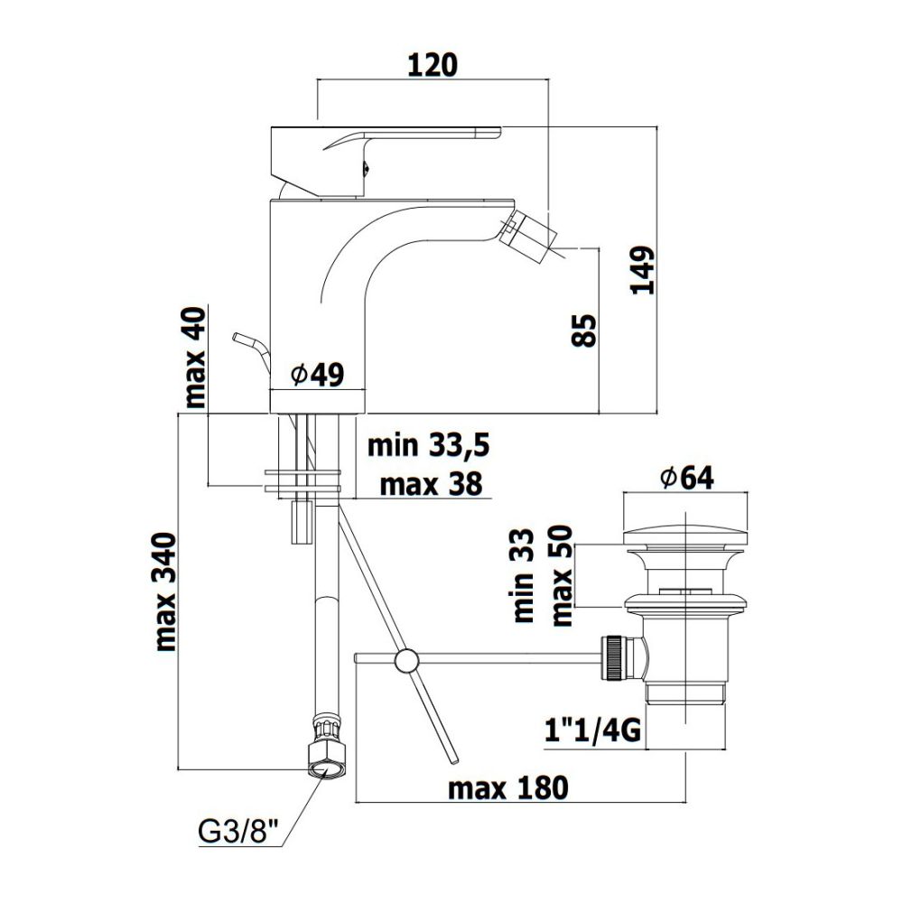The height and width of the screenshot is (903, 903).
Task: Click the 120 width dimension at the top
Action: [433, 64]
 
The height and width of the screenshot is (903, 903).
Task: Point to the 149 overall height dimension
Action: [643, 271]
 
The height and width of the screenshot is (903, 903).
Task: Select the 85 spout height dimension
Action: [584, 330]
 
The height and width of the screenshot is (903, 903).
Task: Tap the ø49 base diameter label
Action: [318, 375]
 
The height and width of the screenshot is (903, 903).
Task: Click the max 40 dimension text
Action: [195, 358]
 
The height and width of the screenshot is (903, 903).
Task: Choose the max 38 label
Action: [431, 484]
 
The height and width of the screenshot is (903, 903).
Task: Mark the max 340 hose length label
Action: [166, 592]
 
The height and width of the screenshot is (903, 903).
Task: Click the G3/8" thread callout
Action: [238, 833]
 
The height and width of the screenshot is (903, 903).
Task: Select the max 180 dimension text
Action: [507, 787]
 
